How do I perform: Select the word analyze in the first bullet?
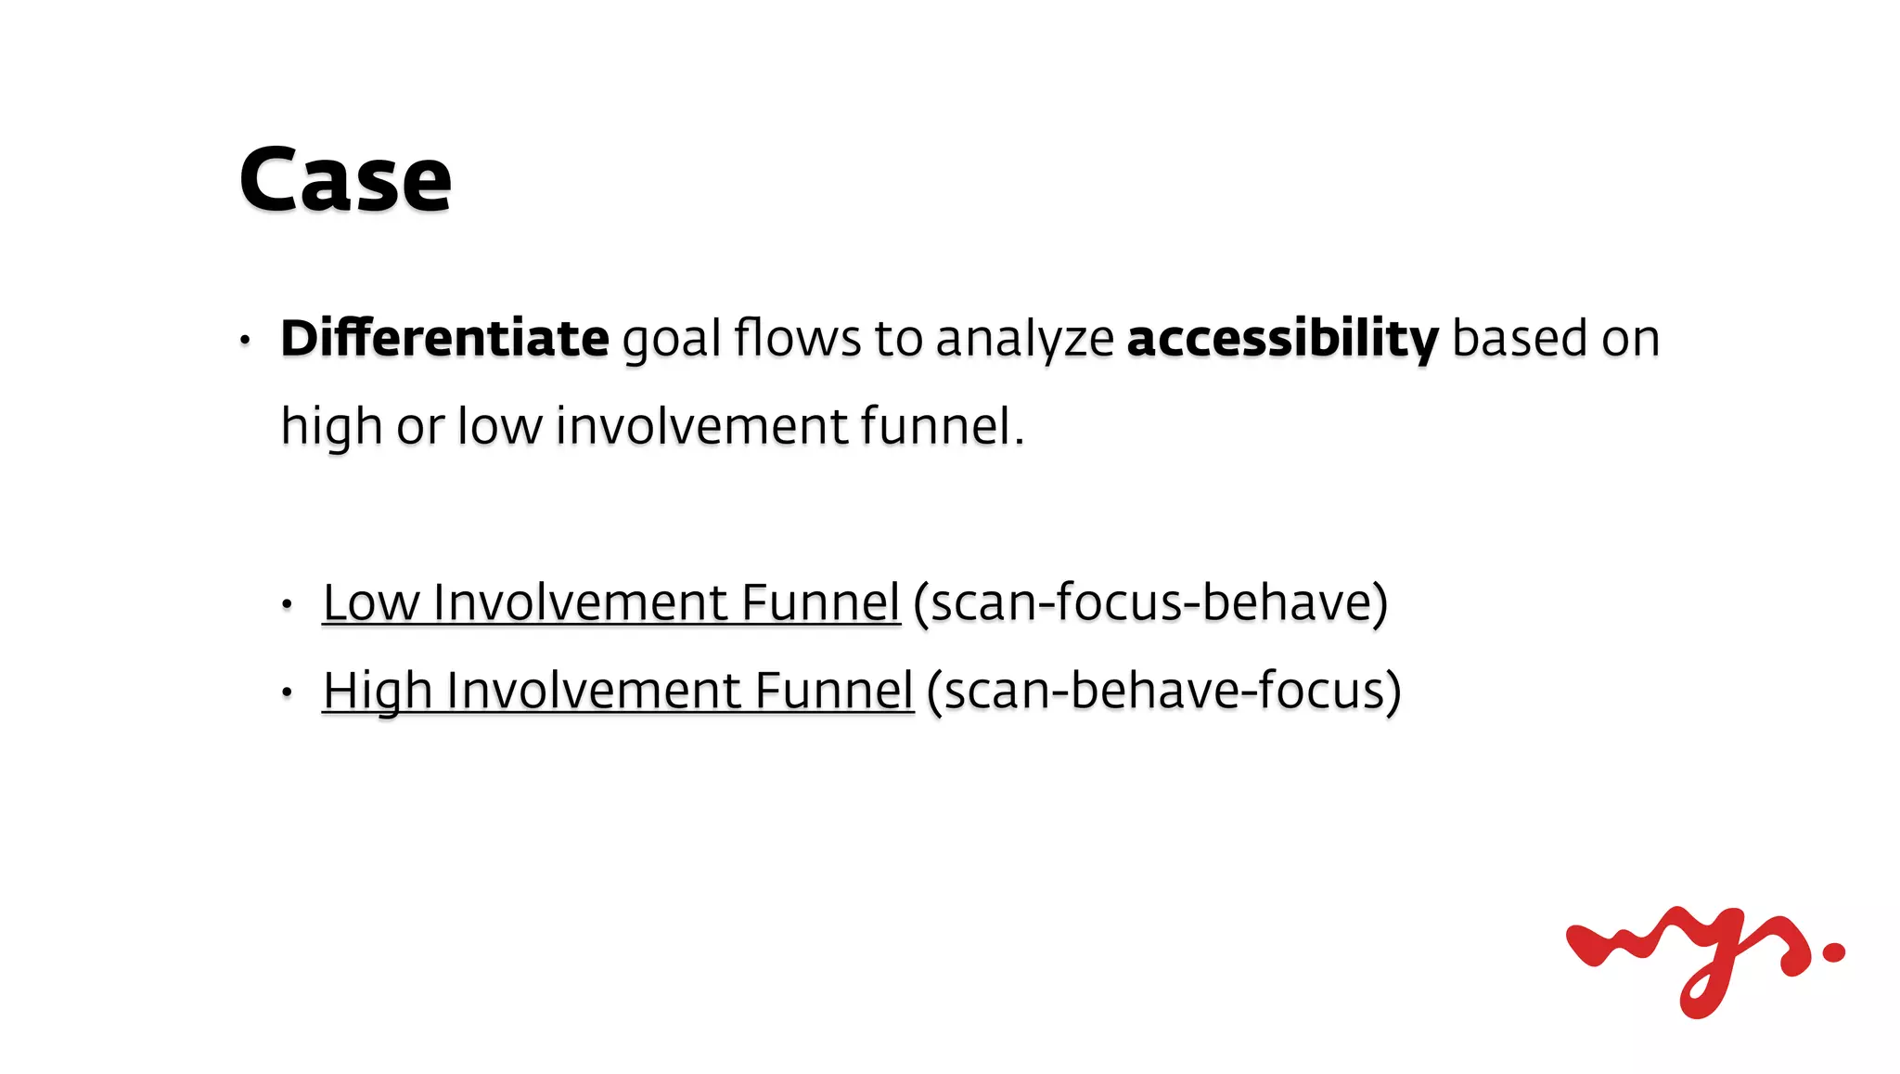point(1024,339)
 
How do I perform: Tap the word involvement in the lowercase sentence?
point(701,426)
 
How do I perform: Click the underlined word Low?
point(370,602)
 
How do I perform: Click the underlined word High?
point(377,691)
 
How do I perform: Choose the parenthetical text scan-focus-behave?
point(1150,602)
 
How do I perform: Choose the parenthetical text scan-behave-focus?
point(1163,691)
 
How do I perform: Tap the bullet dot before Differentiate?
point(245,340)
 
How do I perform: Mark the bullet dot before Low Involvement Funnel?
point(288,605)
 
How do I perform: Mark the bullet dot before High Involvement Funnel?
point(288,692)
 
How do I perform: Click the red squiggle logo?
point(1688,956)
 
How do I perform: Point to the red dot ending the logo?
point(1833,951)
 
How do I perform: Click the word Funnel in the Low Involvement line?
point(820,602)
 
